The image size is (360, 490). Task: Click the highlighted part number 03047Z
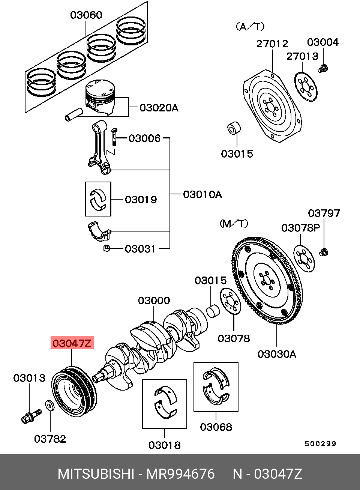[72, 343]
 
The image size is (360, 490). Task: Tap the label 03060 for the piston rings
[86, 15]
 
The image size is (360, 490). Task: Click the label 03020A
[159, 108]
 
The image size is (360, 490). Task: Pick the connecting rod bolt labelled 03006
[114, 137]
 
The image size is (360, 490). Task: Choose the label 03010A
[202, 194]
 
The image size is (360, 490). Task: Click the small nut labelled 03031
[106, 248]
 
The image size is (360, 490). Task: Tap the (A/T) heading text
[250, 27]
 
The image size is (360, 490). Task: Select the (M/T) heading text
[234, 224]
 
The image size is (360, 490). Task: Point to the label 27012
[272, 44]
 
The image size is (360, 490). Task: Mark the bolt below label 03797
[324, 252]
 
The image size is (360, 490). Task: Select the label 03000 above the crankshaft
[154, 301]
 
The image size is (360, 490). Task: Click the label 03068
[216, 427]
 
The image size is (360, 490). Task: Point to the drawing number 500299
[320, 443]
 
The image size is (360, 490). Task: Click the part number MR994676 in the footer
[180, 474]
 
